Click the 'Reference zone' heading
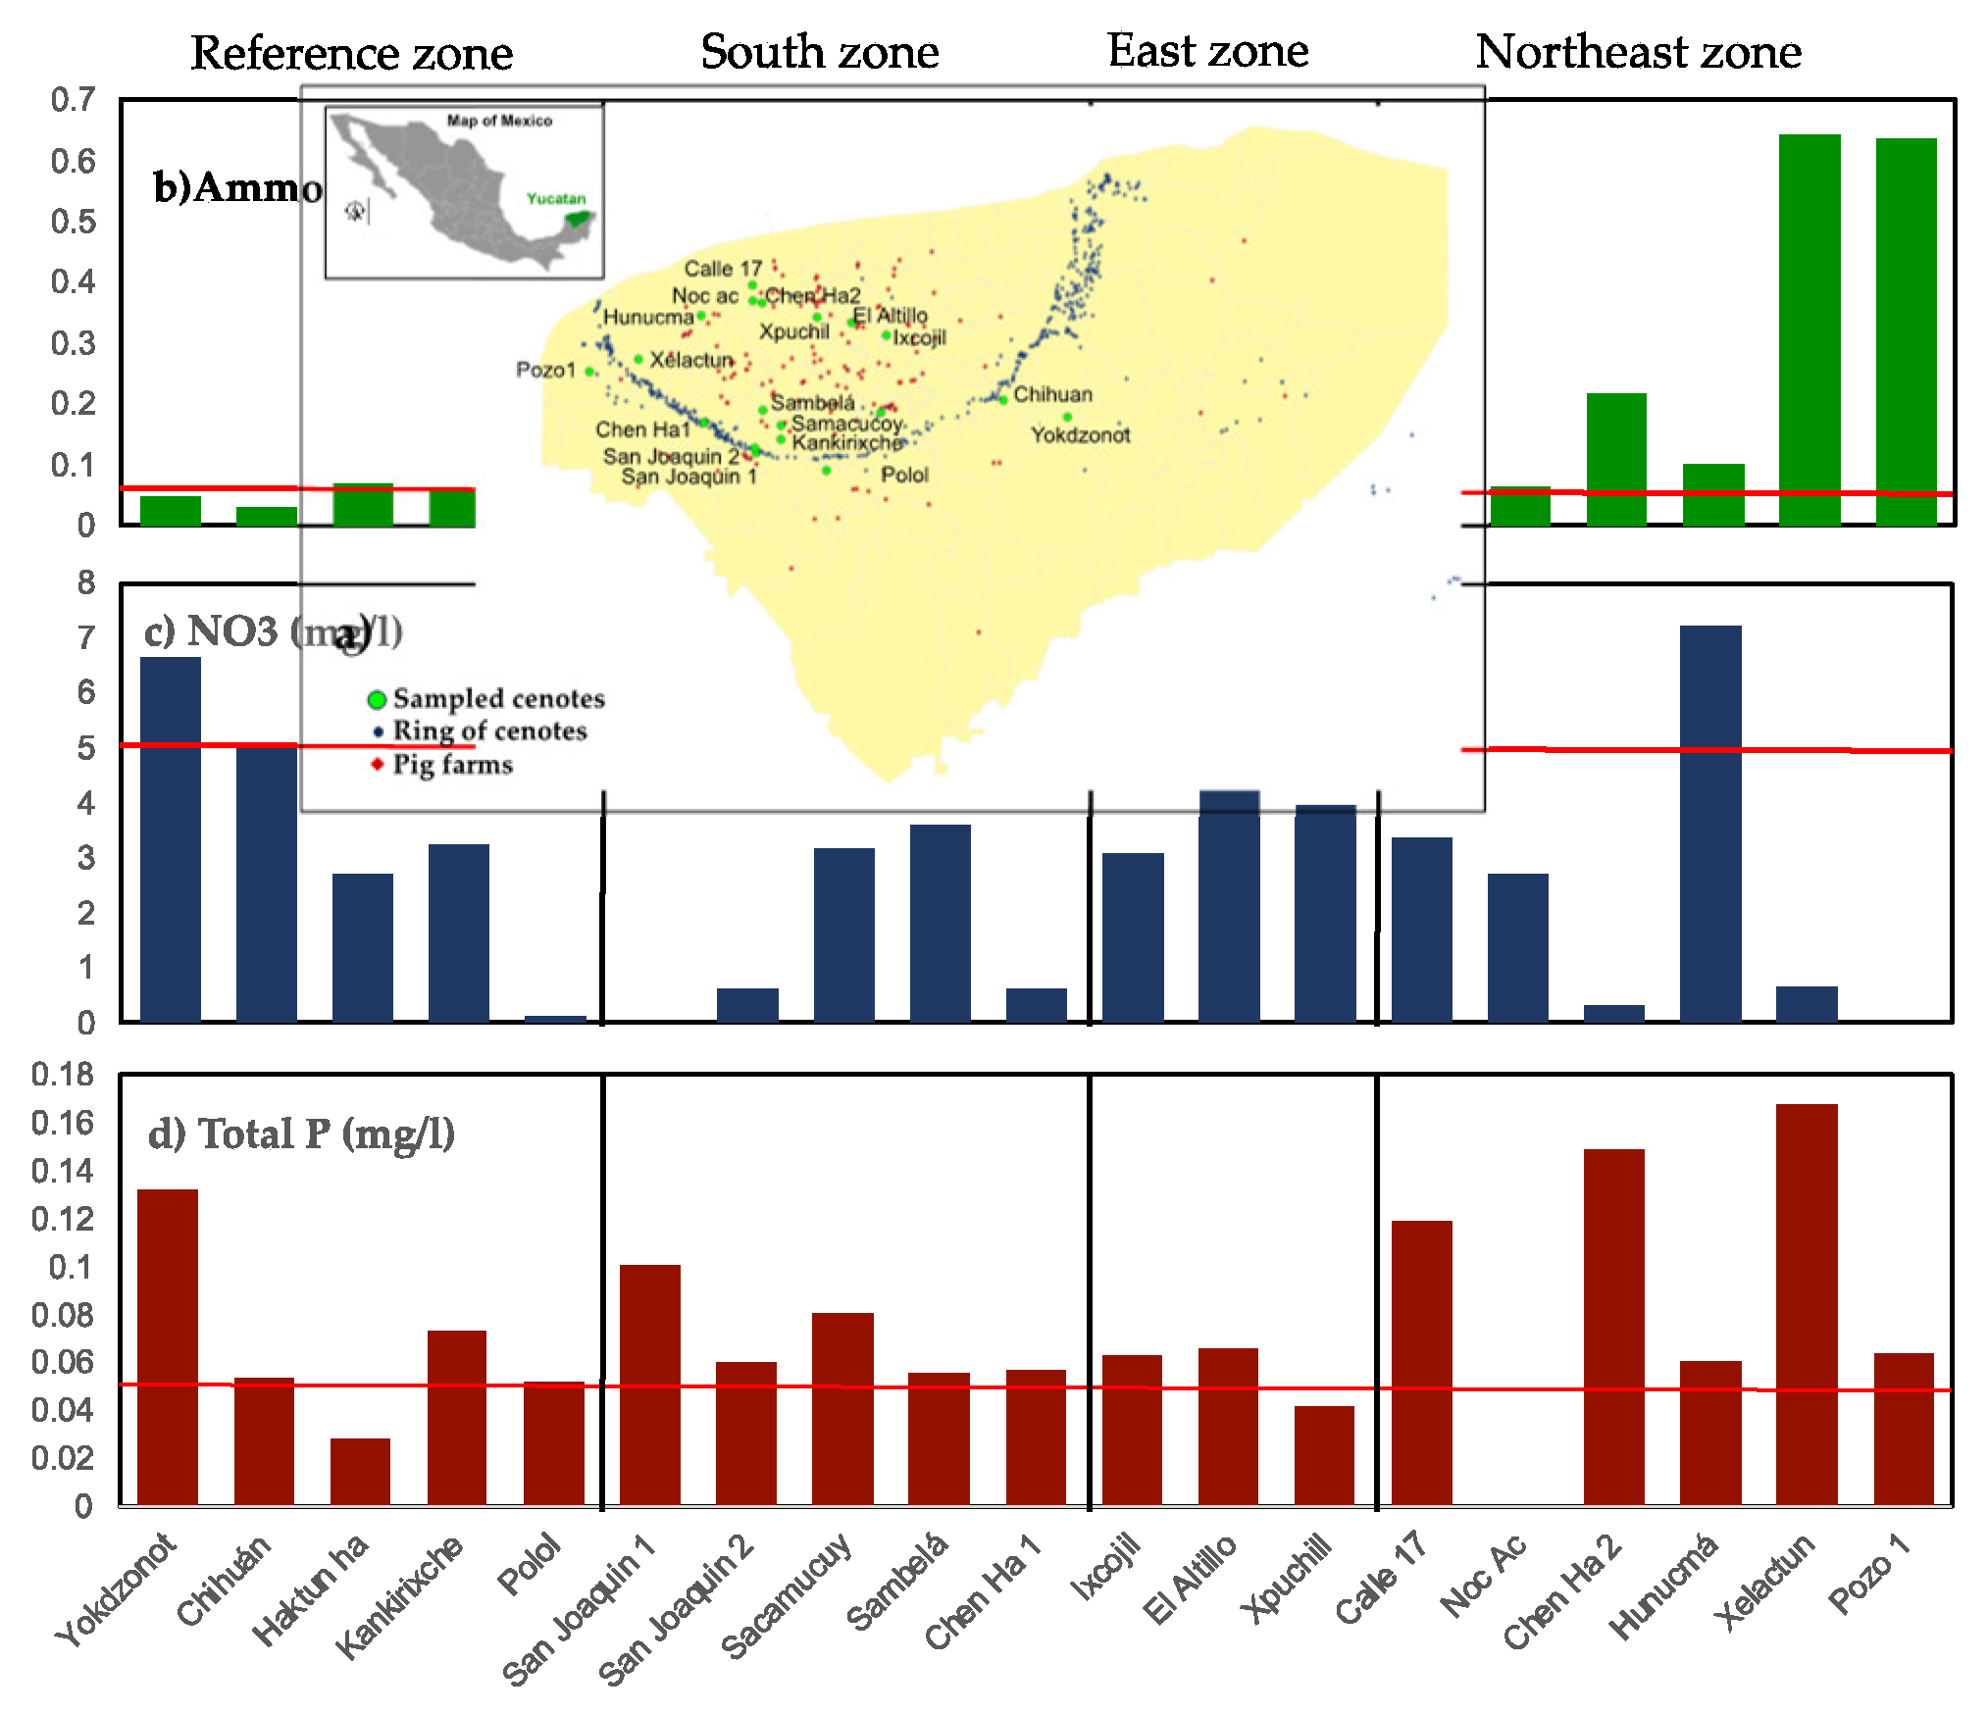tap(351, 53)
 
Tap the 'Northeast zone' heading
tap(1638, 52)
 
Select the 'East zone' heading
tap(1207, 51)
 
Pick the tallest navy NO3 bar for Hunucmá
tap(1709, 824)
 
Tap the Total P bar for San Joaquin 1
tap(649, 1385)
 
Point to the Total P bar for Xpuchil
tap(1324, 1455)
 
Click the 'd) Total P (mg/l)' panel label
tap(301, 1134)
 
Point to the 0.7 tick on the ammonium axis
tap(74, 99)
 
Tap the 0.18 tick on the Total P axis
tap(63, 1075)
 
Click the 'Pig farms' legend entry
tap(451, 765)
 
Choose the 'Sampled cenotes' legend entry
tap(498, 699)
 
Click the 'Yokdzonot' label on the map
tap(1080, 435)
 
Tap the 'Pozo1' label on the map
tap(545, 370)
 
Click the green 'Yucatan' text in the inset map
tap(555, 199)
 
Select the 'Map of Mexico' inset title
tap(499, 121)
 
